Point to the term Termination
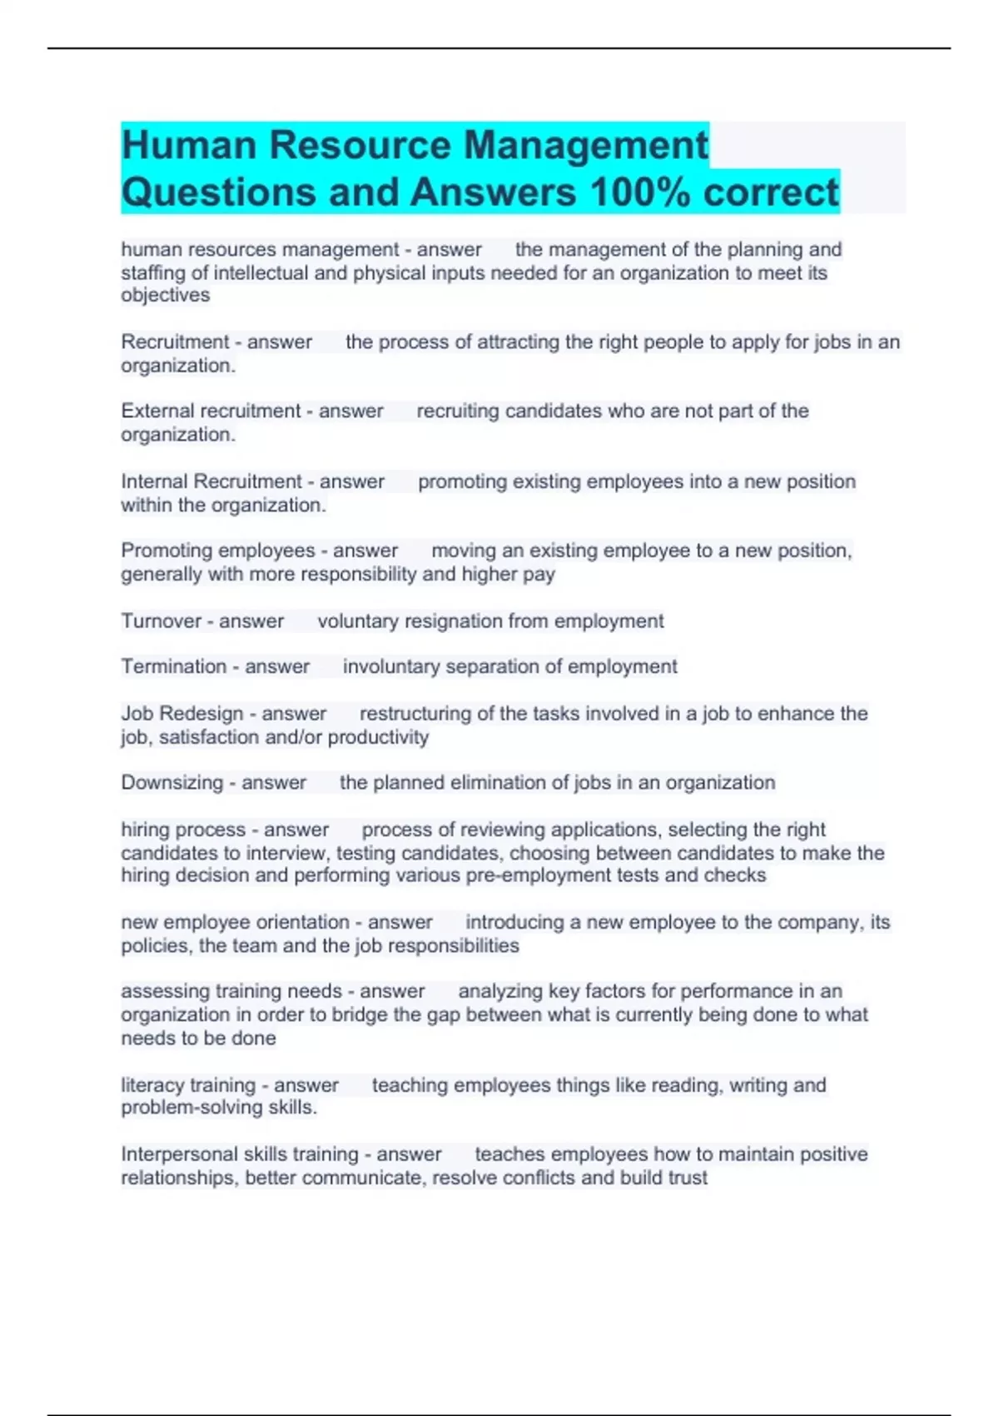pos(173,666)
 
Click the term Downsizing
pos(171,783)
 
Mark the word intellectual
pos(261,273)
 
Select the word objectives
pos(165,295)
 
